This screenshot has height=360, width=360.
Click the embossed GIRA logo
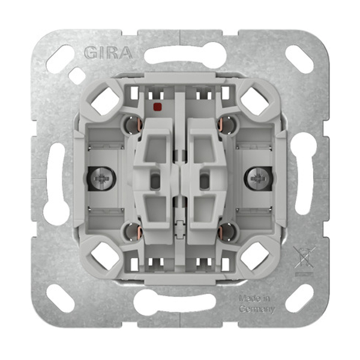point(109,53)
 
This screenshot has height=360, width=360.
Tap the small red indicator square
point(157,106)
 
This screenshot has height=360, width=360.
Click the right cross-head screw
point(257,178)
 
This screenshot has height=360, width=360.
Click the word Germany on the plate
point(257,309)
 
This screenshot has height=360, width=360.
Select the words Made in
point(254,298)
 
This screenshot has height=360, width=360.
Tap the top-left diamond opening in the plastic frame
point(106,101)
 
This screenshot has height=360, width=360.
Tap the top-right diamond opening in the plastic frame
point(254,101)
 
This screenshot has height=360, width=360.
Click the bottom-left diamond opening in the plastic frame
point(106,256)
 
